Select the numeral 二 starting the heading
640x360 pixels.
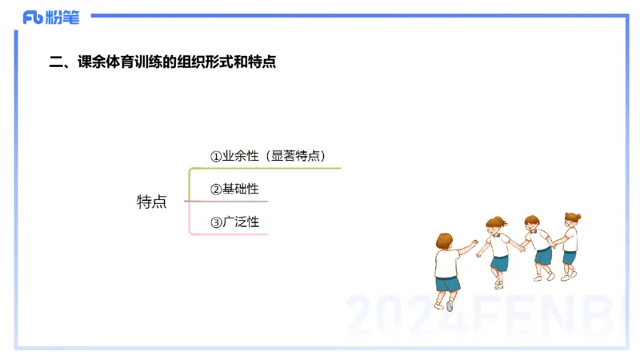click(56, 62)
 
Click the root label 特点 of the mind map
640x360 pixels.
click(151, 202)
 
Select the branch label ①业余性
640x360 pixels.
click(234, 157)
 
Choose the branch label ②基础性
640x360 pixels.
click(234, 190)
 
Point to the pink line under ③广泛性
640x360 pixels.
click(232, 234)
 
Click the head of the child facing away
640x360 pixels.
click(445, 242)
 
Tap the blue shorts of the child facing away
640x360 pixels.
click(447, 283)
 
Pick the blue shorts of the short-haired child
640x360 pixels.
click(544, 256)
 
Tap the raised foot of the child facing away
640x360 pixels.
click(450, 306)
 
